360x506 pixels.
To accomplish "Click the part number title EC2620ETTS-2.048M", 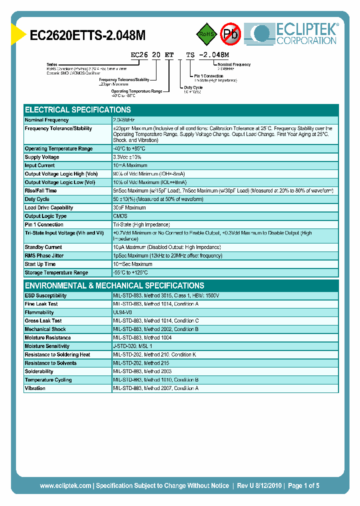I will coord(88,35).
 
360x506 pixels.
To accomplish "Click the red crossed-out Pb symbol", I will coord(230,34).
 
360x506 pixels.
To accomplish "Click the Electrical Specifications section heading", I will coord(78,109).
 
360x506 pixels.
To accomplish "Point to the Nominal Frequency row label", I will coord(47,120).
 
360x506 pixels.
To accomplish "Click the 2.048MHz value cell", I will coord(124,120).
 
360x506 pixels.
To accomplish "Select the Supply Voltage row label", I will coord(42,157).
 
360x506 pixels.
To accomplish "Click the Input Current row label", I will coord(40,165).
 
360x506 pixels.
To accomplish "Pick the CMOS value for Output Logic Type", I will coord(120,216).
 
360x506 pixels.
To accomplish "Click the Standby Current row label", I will coord(44,247).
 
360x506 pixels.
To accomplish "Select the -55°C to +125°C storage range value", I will coord(130,272).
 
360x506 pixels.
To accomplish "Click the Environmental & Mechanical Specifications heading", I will coord(114,285).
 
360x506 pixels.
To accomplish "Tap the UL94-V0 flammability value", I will coord(122,312).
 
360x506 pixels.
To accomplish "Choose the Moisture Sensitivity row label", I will coord(47,346).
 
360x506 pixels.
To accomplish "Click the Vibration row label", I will coord(35,388).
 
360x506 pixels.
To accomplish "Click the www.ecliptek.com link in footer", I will coord(65,485).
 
